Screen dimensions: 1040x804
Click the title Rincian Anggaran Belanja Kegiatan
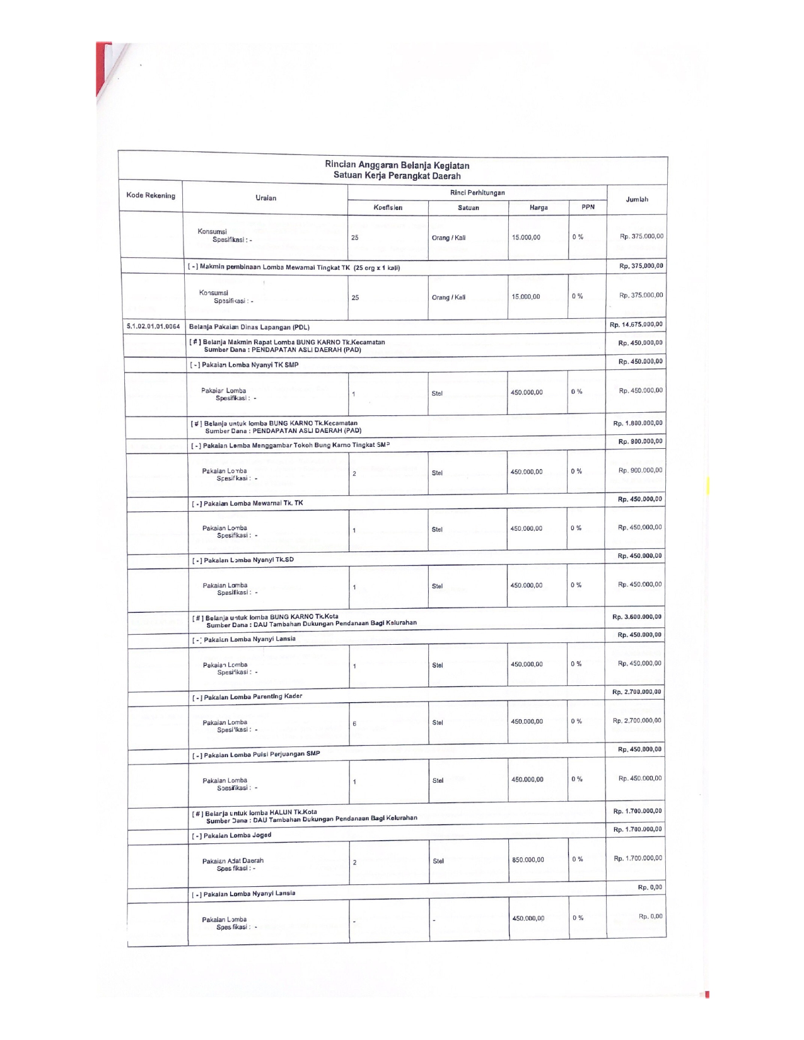(x=397, y=165)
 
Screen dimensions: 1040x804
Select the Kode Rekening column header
(x=151, y=195)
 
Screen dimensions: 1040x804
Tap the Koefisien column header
(x=387, y=207)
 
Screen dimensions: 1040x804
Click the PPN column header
(x=588, y=207)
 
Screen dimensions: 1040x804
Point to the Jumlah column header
(x=637, y=199)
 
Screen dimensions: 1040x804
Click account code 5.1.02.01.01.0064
(x=153, y=326)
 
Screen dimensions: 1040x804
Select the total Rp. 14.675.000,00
(x=636, y=325)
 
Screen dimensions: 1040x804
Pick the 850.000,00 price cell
(x=528, y=860)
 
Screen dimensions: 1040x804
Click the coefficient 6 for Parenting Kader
(x=354, y=724)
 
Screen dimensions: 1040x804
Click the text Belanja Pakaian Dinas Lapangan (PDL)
(x=249, y=327)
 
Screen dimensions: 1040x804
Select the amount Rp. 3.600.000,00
(x=636, y=617)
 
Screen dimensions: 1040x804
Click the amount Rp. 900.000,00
(x=640, y=470)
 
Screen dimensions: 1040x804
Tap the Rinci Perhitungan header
(x=477, y=193)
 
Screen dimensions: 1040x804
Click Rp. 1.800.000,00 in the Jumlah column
(x=638, y=423)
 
